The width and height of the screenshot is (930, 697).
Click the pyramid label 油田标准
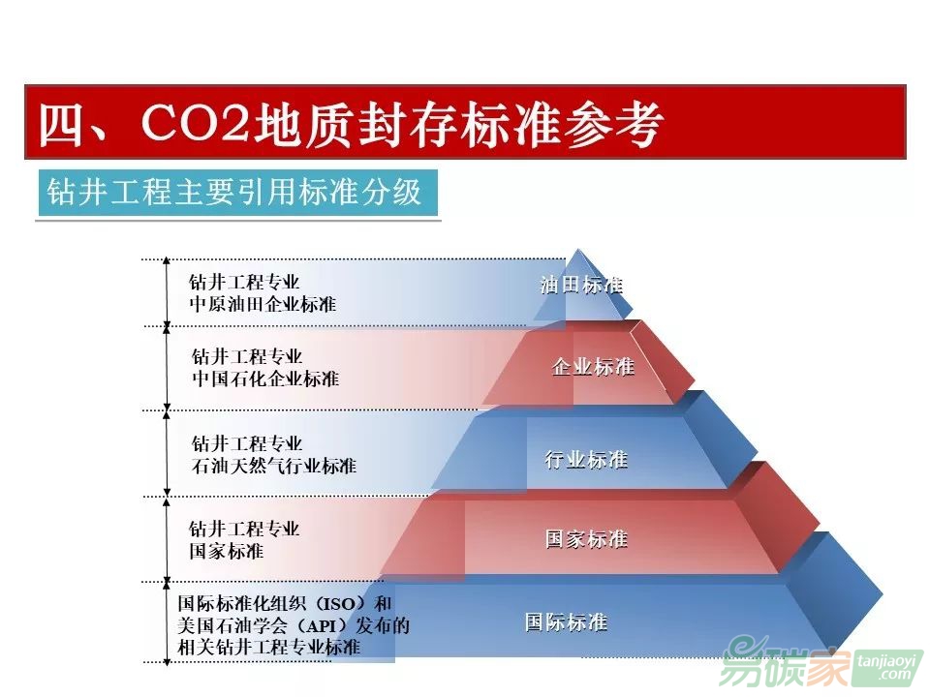tap(581, 286)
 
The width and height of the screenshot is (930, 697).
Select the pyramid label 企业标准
tap(593, 367)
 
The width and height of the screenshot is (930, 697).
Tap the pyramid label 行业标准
tap(586, 460)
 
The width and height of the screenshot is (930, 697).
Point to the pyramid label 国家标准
tap(586, 539)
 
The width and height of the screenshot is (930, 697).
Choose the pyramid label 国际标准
tap(566, 621)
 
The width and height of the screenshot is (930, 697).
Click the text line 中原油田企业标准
tap(263, 304)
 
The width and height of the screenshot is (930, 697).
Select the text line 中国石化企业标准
tap(265, 379)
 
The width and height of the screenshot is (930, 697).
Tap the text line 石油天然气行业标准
tap(273, 466)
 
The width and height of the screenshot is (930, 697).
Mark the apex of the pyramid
tap(579, 251)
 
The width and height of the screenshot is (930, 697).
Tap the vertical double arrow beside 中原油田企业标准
tap(167, 290)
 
